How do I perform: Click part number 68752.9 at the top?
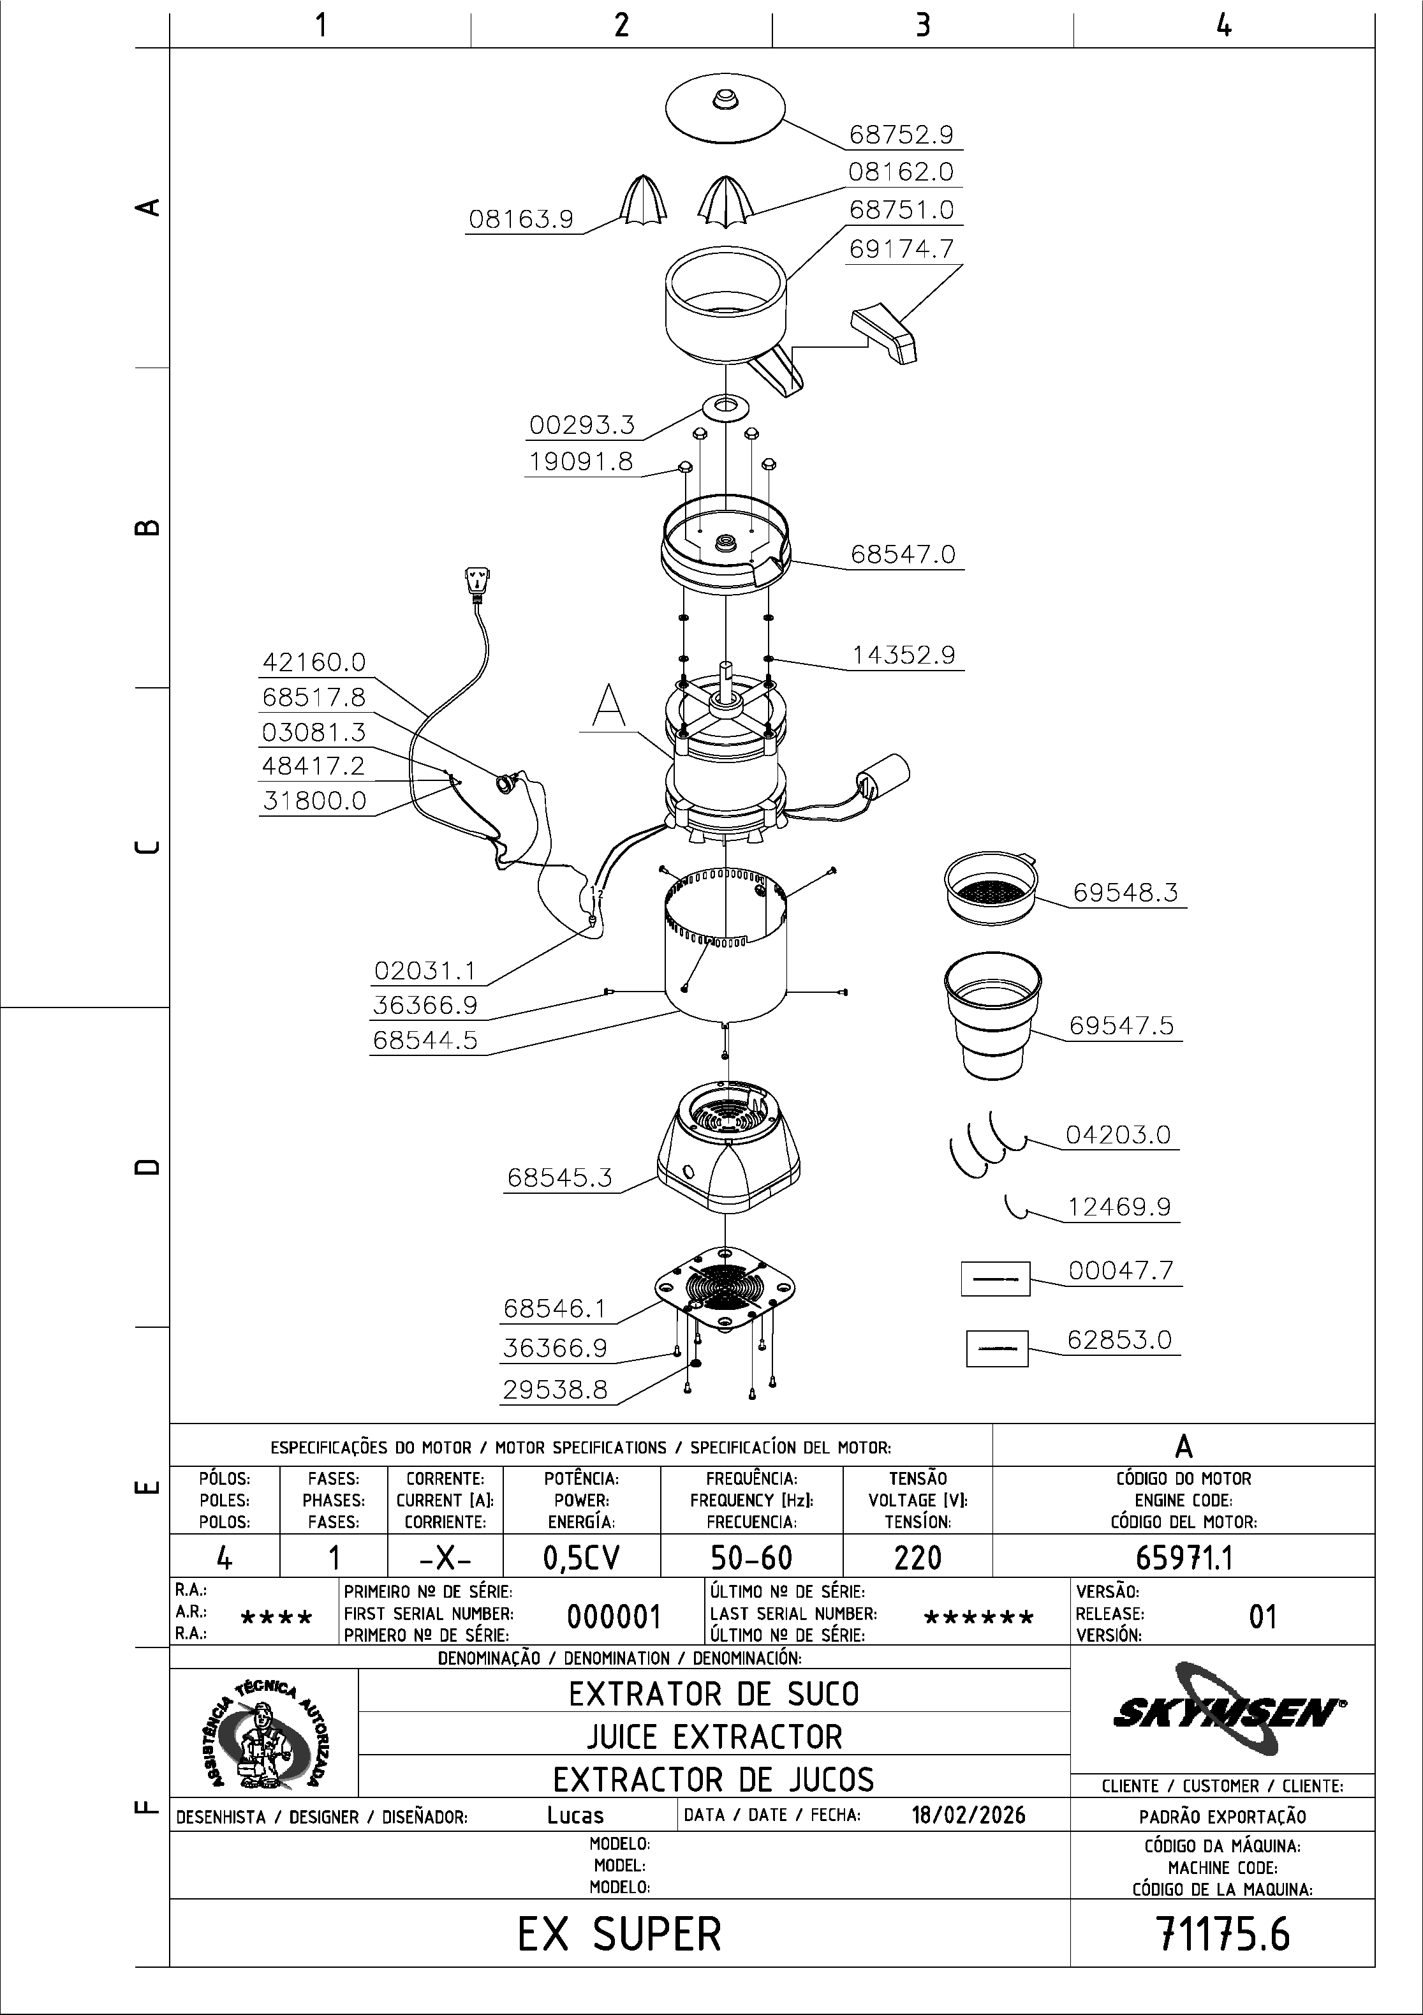pos(901,135)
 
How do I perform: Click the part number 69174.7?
pos(901,249)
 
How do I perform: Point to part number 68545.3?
pos(560,1178)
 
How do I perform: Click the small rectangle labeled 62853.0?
pos(997,1349)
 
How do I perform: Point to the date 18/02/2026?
pos(969,1815)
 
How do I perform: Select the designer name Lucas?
pos(575,1815)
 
